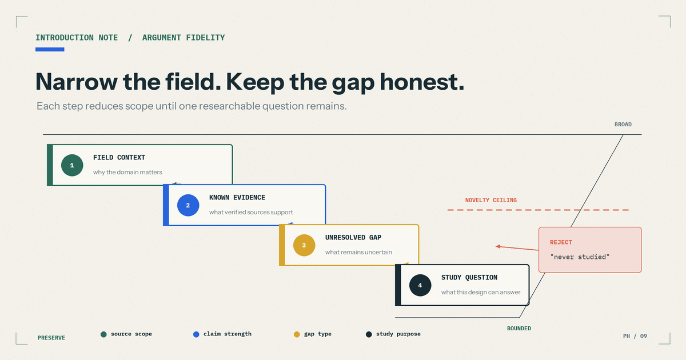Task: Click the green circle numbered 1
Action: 72,165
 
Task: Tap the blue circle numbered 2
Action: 188,205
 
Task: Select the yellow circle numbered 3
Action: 304,245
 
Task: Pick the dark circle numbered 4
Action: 420,285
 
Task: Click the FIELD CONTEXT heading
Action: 119,157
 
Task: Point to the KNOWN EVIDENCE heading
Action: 237,198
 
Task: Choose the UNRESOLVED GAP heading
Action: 353,238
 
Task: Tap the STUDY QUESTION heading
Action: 469,277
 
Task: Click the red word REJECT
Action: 561,242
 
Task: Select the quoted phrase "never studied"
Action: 580,257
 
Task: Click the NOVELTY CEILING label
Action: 491,200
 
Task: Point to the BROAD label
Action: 623,125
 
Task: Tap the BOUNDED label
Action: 519,329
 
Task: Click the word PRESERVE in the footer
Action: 51,338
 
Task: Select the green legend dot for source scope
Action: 103,334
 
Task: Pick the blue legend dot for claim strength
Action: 196,334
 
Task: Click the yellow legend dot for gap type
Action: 297,334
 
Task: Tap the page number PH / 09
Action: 635,336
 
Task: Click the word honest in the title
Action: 422,82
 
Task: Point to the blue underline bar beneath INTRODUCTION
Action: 50,49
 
